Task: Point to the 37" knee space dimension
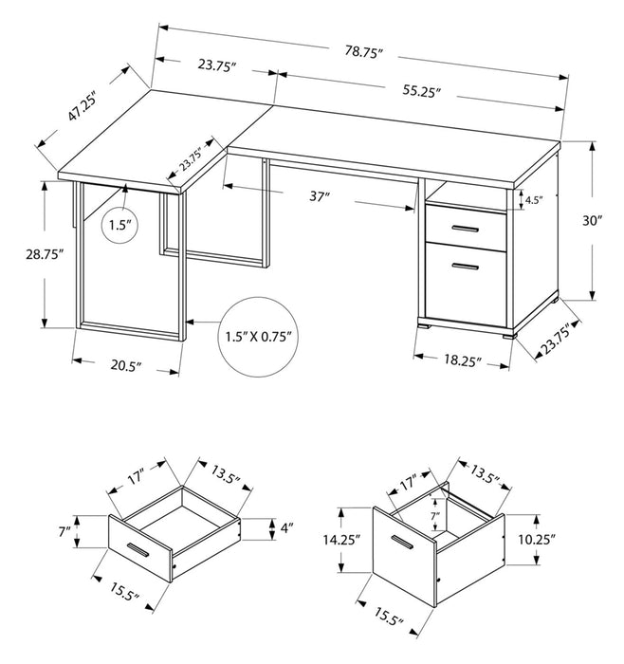point(320,197)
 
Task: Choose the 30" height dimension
point(593,220)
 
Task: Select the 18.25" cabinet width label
point(461,361)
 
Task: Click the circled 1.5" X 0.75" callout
point(258,335)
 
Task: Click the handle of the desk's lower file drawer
point(465,268)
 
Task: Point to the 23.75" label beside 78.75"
point(216,65)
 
